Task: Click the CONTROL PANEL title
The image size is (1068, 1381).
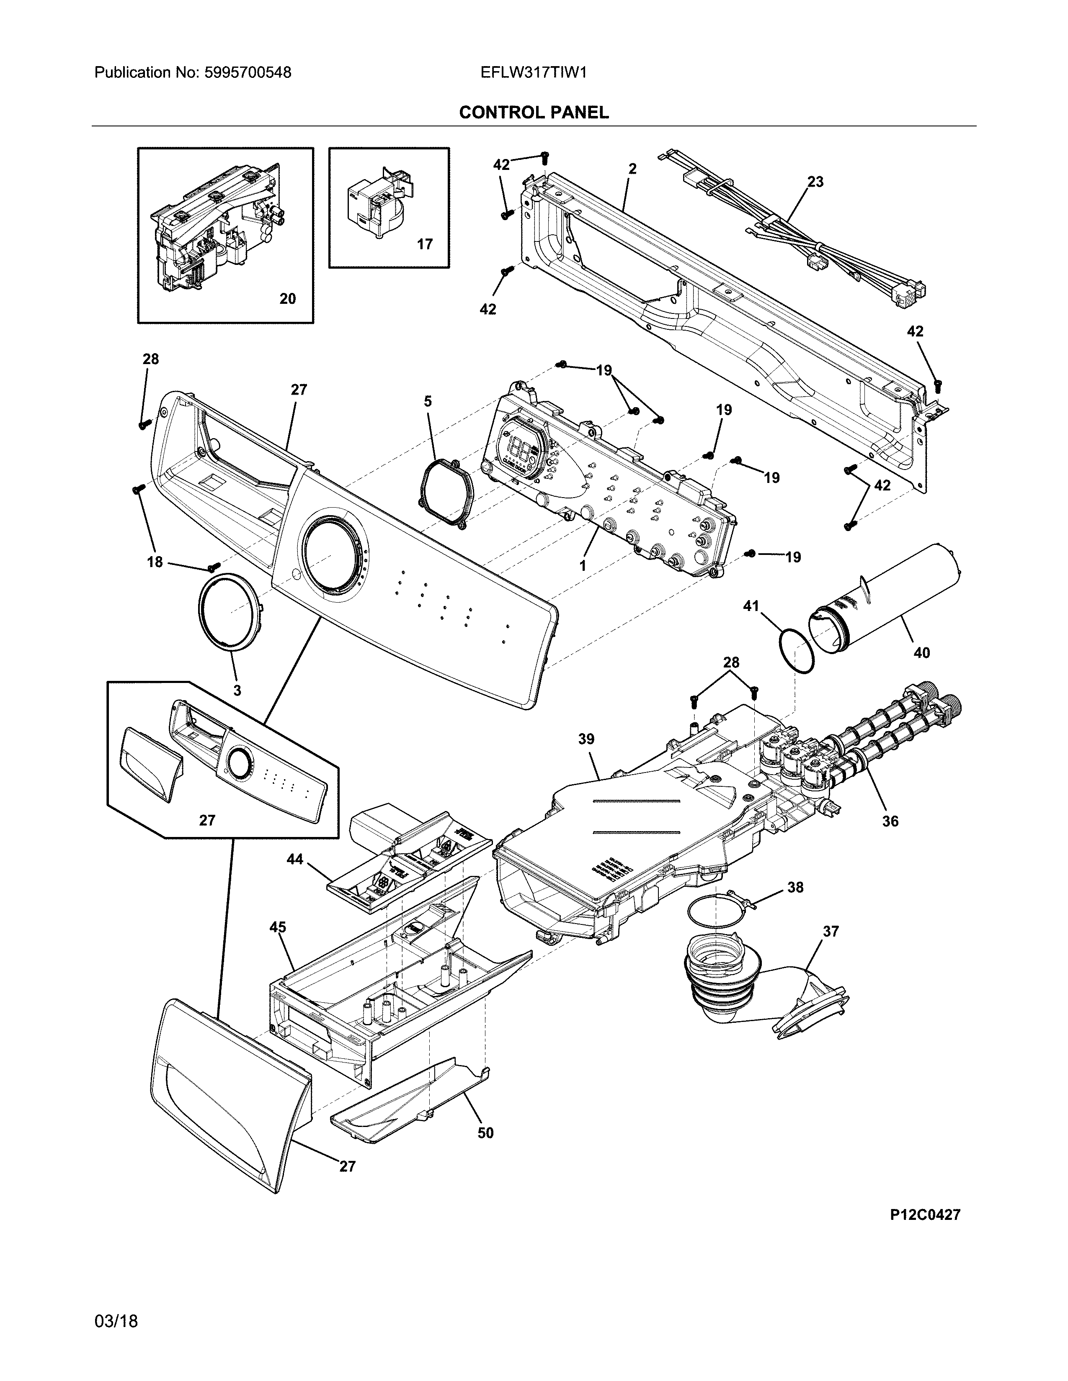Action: point(533,113)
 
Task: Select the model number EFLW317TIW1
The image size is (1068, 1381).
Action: point(533,73)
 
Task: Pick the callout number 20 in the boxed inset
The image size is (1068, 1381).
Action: point(287,298)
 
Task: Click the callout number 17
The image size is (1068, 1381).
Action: point(425,244)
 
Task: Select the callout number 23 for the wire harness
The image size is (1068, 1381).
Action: point(815,182)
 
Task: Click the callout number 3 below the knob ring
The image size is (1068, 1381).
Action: point(237,690)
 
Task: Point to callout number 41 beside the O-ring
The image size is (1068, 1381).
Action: point(751,606)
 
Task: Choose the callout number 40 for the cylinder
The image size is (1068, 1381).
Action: point(922,652)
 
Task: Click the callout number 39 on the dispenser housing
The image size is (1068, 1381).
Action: point(586,739)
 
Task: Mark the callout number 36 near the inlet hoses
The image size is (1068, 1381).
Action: point(890,821)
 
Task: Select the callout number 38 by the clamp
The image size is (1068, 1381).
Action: point(795,888)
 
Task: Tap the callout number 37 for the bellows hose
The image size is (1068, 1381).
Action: point(831,932)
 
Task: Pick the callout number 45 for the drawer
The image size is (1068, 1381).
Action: point(277,928)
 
